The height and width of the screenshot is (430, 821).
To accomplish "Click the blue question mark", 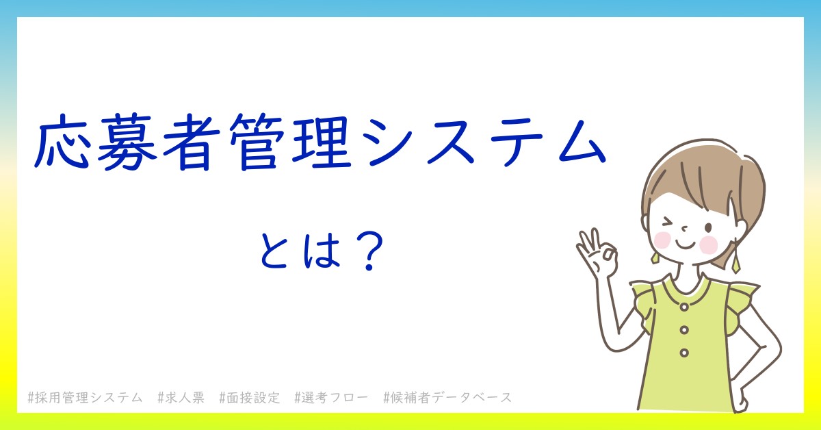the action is click(x=369, y=251).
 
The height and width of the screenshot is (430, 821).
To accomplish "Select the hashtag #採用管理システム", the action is click(x=85, y=398).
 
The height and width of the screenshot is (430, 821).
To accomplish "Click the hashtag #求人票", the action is click(x=181, y=398).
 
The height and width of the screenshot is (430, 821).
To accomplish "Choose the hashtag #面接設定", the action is click(x=250, y=398).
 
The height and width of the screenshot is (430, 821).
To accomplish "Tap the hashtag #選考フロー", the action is click(x=331, y=398).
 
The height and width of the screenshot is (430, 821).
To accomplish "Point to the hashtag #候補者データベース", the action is click(x=447, y=398).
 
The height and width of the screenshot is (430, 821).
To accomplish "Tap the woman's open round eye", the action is click(x=708, y=227).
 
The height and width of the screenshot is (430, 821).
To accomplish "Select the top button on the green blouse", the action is click(x=684, y=307).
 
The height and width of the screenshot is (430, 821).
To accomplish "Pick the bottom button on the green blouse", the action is click(x=684, y=353).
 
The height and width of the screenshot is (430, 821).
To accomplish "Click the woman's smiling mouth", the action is click(x=685, y=244).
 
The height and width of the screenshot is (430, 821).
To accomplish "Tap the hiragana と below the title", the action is click(x=274, y=250).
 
